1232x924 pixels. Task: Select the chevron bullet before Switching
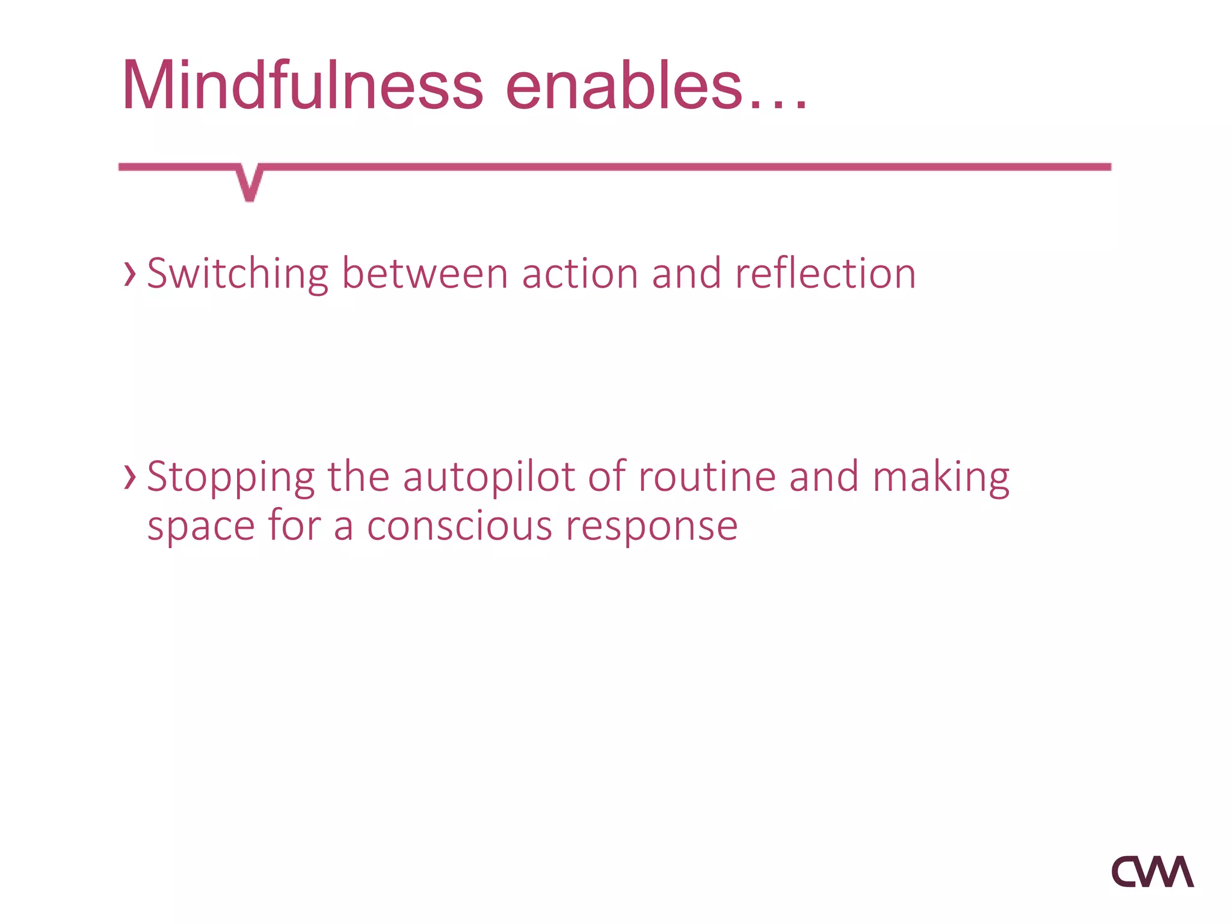tap(129, 274)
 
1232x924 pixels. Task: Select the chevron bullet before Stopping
tap(129, 477)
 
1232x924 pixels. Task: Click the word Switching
tap(238, 274)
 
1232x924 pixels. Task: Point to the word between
tap(425, 274)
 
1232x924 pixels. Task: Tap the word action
tap(579, 274)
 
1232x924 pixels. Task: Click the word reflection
tap(825, 274)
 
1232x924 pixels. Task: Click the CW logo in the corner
tap(1152, 872)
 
